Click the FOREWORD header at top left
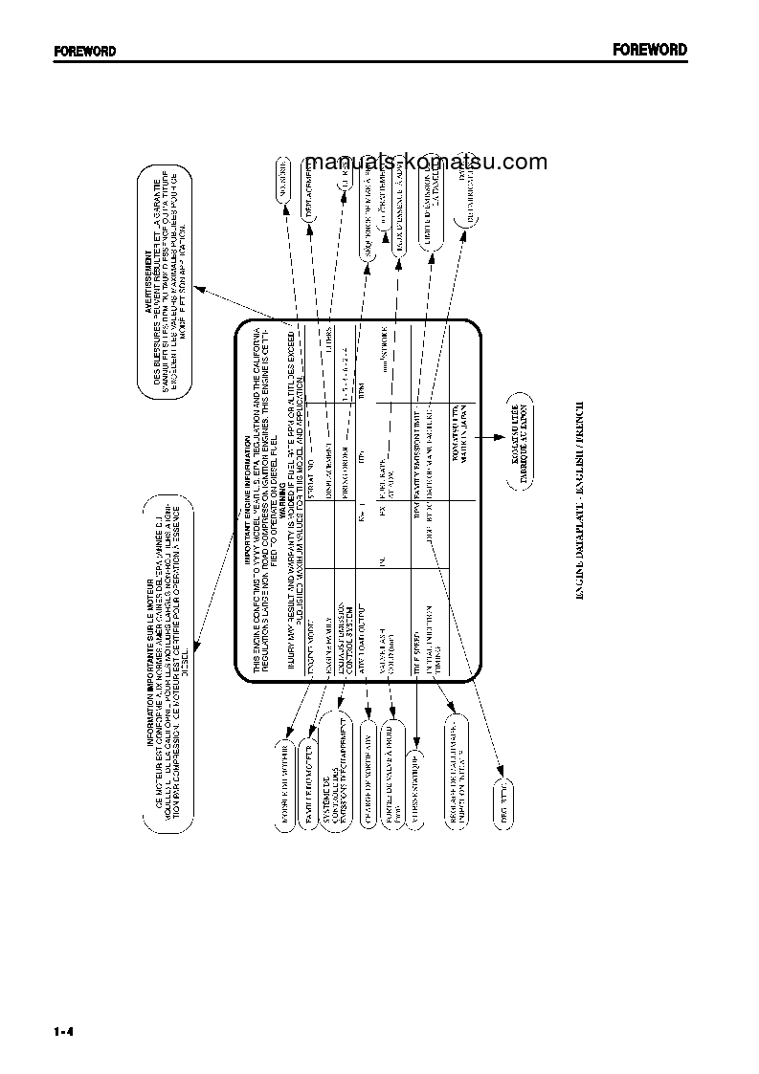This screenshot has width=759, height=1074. tap(84, 52)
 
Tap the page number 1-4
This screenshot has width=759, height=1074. tap(65, 1032)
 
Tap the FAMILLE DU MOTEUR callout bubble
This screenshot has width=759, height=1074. tap(310, 780)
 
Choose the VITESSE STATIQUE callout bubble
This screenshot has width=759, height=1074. tap(417, 779)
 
